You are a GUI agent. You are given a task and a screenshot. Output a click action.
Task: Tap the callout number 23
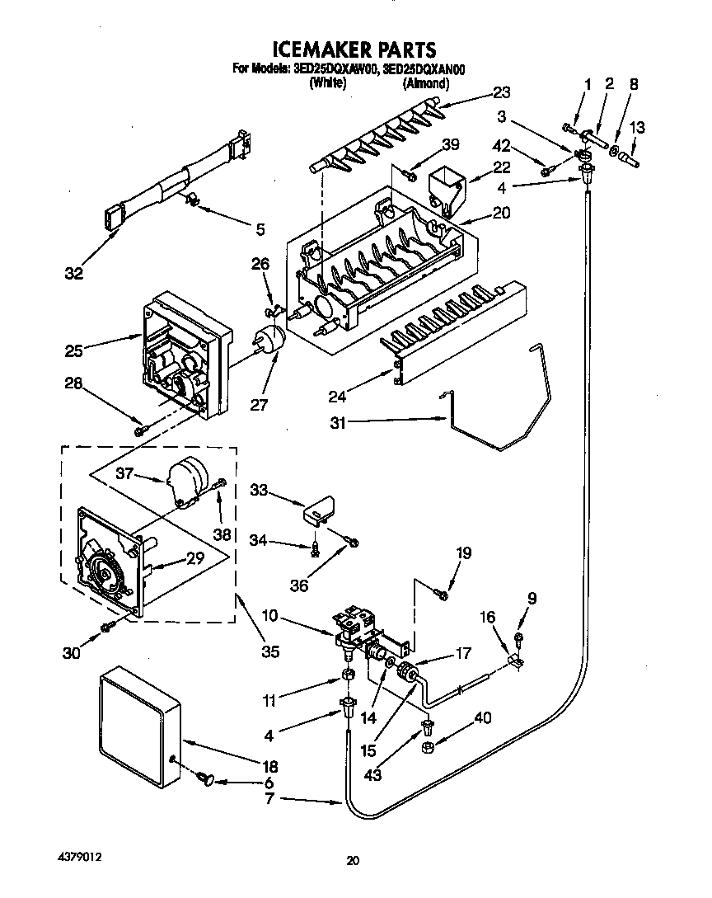coord(502,92)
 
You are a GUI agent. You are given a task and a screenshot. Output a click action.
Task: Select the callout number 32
coord(75,273)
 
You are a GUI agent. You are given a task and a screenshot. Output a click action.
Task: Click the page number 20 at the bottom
coord(353,861)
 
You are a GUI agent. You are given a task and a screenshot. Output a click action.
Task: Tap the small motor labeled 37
coord(186,481)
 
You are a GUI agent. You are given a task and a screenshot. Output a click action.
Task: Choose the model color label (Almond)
coord(425,83)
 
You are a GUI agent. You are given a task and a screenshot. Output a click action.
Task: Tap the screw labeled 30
coord(106,628)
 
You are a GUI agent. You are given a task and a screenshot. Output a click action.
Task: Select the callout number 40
coord(482,718)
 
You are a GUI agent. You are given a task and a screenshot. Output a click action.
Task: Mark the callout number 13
coord(637,127)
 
